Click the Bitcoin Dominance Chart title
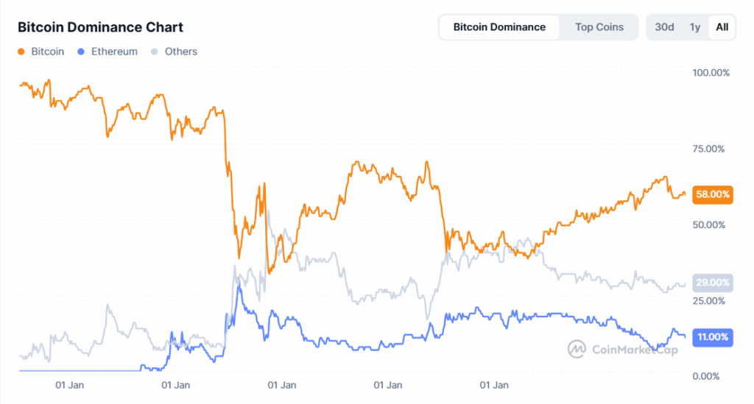(100, 27)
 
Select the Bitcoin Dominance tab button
(499, 27)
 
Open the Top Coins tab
(599, 27)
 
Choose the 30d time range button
(664, 27)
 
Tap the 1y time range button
(694, 27)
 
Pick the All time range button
(722, 27)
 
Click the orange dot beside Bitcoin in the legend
(21, 52)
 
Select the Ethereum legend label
(113, 52)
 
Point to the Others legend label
(181, 52)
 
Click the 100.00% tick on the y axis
(711, 72)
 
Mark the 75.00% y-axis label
(709, 149)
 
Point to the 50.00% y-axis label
(709, 224)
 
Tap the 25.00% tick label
(709, 300)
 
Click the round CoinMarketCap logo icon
(577, 349)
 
